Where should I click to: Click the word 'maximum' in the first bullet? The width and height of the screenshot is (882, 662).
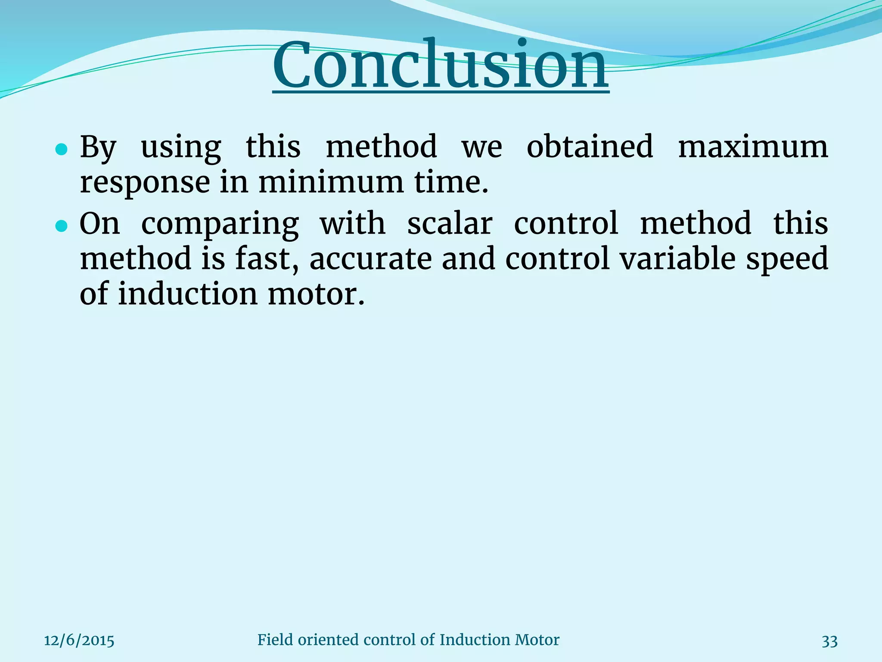coord(753,147)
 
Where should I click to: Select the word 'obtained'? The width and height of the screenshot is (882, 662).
coord(590,147)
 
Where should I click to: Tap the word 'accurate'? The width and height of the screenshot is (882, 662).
coord(370,259)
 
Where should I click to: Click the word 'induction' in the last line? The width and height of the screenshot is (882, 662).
coord(188,294)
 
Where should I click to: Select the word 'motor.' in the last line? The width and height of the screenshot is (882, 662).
coord(316,295)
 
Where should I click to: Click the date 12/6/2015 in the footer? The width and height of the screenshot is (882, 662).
coord(79,641)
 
